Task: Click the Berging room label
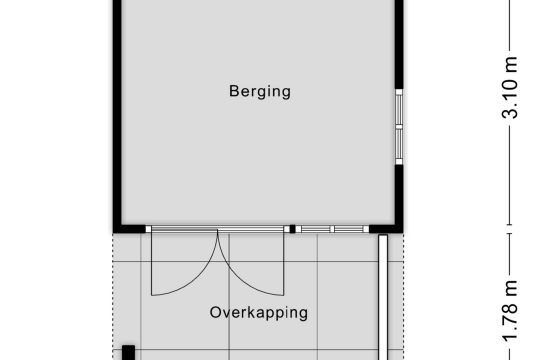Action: pos(260,92)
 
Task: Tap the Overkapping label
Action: pos(259,313)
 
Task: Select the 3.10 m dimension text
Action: pos(510,88)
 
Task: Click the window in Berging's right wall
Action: pos(399,127)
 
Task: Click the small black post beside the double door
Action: pos(292,229)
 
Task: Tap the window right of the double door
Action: pos(332,229)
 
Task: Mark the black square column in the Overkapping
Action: pos(128,352)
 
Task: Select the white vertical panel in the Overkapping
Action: pos(383,297)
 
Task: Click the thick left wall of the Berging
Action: pos(117,114)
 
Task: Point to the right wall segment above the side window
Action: pos(399,44)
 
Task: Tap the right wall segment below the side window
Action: pos(399,195)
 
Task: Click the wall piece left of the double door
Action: pos(129,229)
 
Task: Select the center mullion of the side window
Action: pos(399,127)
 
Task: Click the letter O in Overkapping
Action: pos(216,312)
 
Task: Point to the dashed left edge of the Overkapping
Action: pos(113,297)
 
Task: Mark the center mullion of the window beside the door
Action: pos(332,229)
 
